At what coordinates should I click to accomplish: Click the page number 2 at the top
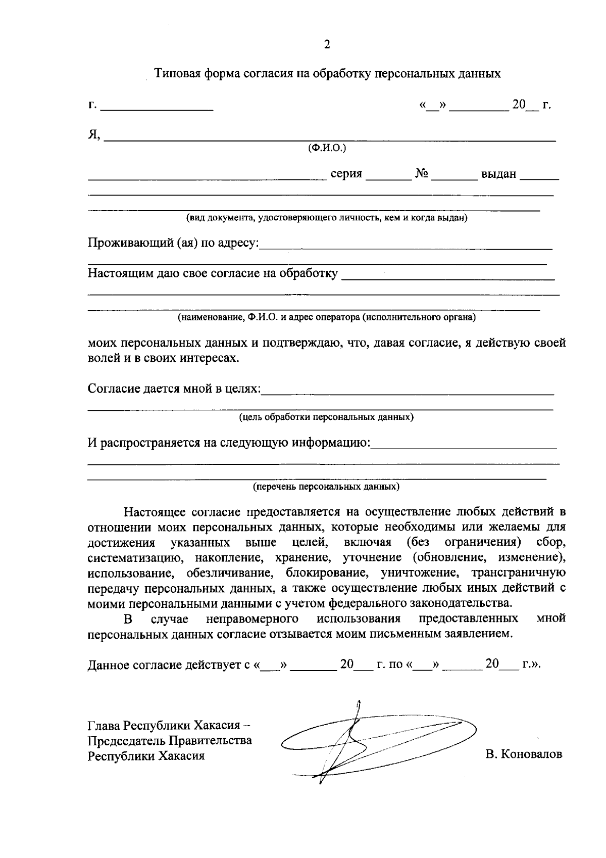pos(327,44)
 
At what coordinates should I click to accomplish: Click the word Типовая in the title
pos(177,74)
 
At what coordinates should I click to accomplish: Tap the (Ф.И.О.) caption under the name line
pos(327,148)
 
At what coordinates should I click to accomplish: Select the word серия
pos(346,174)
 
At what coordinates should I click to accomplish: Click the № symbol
pos(422,174)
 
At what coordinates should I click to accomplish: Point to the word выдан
pos(499,174)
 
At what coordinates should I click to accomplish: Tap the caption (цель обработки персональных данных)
pos(326,417)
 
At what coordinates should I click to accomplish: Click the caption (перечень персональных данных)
pos(326,487)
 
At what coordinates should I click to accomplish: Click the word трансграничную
pos(518,573)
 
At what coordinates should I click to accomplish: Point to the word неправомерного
pos(251,619)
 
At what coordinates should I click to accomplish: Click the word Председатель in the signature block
pos(127,741)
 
